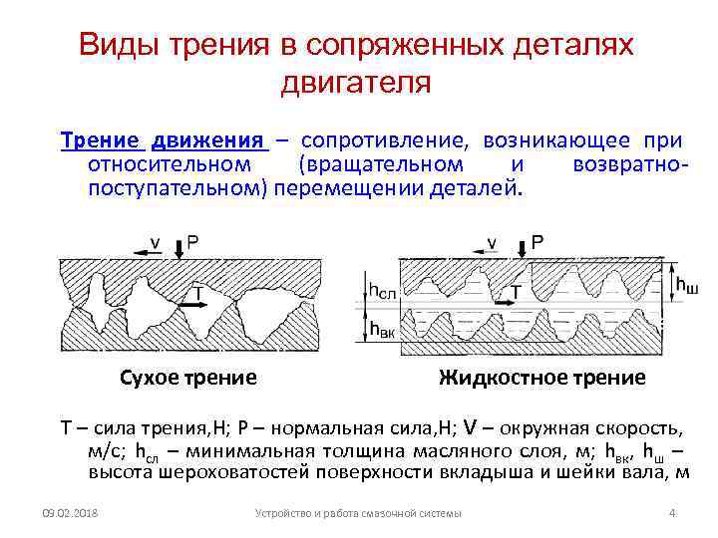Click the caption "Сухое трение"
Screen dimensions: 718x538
click(x=187, y=378)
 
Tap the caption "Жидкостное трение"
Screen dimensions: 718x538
click(x=541, y=378)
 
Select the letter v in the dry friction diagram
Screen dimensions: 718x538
click(x=154, y=241)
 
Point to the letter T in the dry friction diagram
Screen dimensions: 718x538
click(x=198, y=292)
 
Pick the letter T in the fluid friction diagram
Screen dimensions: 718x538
click(x=516, y=291)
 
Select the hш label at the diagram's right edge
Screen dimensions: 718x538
click(x=687, y=286)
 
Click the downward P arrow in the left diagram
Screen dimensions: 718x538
click(x=178, y=249)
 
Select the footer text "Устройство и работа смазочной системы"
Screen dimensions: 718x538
click(x=358, y=513)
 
